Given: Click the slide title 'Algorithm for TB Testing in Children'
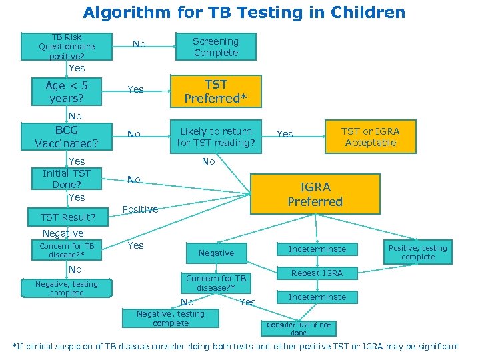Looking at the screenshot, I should (x=243, y=12).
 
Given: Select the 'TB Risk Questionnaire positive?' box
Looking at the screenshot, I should (x=66, y=47).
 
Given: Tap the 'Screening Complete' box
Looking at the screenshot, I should (x=215, y=47).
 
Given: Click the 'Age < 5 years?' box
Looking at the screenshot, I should (x=66, y=91).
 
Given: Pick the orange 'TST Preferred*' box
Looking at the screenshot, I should (x=215, y=91).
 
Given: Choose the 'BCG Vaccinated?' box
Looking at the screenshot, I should (x=66, y=137).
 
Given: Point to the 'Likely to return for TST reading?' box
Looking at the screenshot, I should (x=215, y=137).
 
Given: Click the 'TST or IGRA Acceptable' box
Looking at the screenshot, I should (x=371, y=137).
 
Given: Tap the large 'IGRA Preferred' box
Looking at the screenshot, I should (x=315, y=194).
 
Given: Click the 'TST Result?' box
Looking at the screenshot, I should (x=68, y=217).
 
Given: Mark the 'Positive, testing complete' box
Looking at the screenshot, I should (x=418, y=252).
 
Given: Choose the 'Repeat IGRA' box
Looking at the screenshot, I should (x=317, y=273).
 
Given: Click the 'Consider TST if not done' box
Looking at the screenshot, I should (x=298, y=329).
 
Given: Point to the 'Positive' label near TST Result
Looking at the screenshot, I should (x=140, y=209).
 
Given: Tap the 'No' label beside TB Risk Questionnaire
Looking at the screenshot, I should (x=139, y=44).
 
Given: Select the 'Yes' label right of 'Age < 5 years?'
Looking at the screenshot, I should (x=135, y=89).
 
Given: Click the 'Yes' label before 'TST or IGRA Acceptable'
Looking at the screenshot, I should (x=285, y=134).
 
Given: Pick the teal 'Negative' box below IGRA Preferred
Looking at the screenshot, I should (x=216, y=253).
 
